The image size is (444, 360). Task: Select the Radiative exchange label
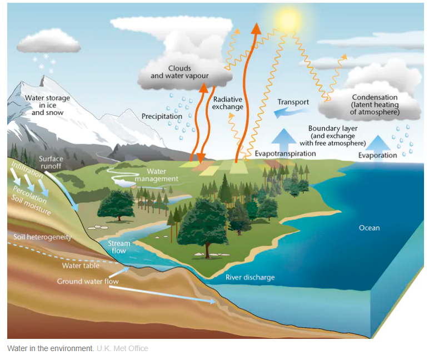click(228, 103)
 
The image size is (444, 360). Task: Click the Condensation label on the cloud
click(375, 105)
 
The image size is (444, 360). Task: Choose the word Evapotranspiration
click(285, 153)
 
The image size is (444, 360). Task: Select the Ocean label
click(370, 228)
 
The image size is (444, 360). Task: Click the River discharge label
click(250, 277)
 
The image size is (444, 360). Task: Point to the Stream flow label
click(119, 247)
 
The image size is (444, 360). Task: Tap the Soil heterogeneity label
click(43, 237)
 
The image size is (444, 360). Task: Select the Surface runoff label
click(51, 162)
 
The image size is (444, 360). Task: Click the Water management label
click(157, 176)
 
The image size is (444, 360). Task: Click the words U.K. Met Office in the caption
click(122, 348)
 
